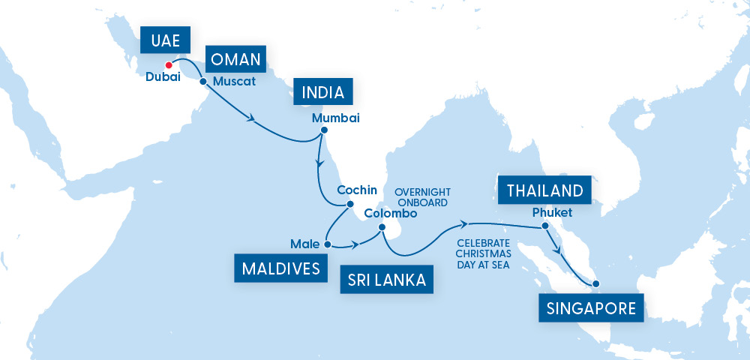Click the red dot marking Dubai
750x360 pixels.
[168, 64]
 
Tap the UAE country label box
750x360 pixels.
[164, 41]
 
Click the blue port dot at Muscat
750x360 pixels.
[203, 82]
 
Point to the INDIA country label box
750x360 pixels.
[322, 93]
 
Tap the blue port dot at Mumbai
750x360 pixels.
[324, 130]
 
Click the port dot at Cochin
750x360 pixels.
[349, 203]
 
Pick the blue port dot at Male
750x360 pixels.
[327, 244]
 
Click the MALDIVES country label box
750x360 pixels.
[280, 268]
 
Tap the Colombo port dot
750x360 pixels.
[382, 227]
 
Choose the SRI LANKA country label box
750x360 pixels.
[387, 280]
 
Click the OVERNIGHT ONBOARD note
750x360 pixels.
[421, 196]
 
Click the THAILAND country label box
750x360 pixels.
[544, 190]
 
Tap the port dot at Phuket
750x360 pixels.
[545, 226]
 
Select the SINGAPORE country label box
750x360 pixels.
[591, 307]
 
